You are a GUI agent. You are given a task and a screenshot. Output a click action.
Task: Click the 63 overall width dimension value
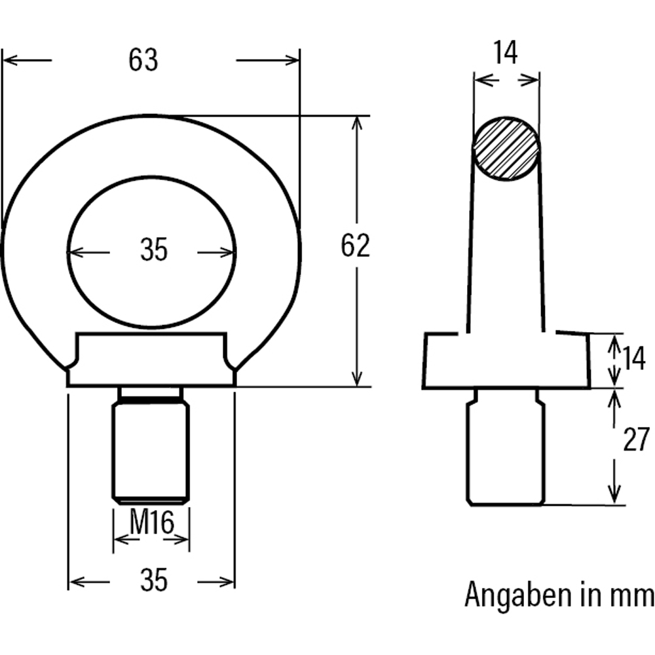(143, 60)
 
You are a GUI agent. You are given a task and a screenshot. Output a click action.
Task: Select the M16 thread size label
(151, 523)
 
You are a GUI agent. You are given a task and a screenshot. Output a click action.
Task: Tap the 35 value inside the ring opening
(154, 251)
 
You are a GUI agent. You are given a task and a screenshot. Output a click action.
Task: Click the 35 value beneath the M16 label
(154, 580)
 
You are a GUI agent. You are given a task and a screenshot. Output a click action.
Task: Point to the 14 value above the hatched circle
(505, 52)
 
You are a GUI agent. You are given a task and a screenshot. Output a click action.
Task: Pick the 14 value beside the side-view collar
(633, 360)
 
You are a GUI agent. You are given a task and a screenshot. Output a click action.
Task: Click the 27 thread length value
(635, 440)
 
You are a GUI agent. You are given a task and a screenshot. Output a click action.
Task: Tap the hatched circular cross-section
(506, 149)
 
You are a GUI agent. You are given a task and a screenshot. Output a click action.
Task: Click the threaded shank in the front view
(151, 452)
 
